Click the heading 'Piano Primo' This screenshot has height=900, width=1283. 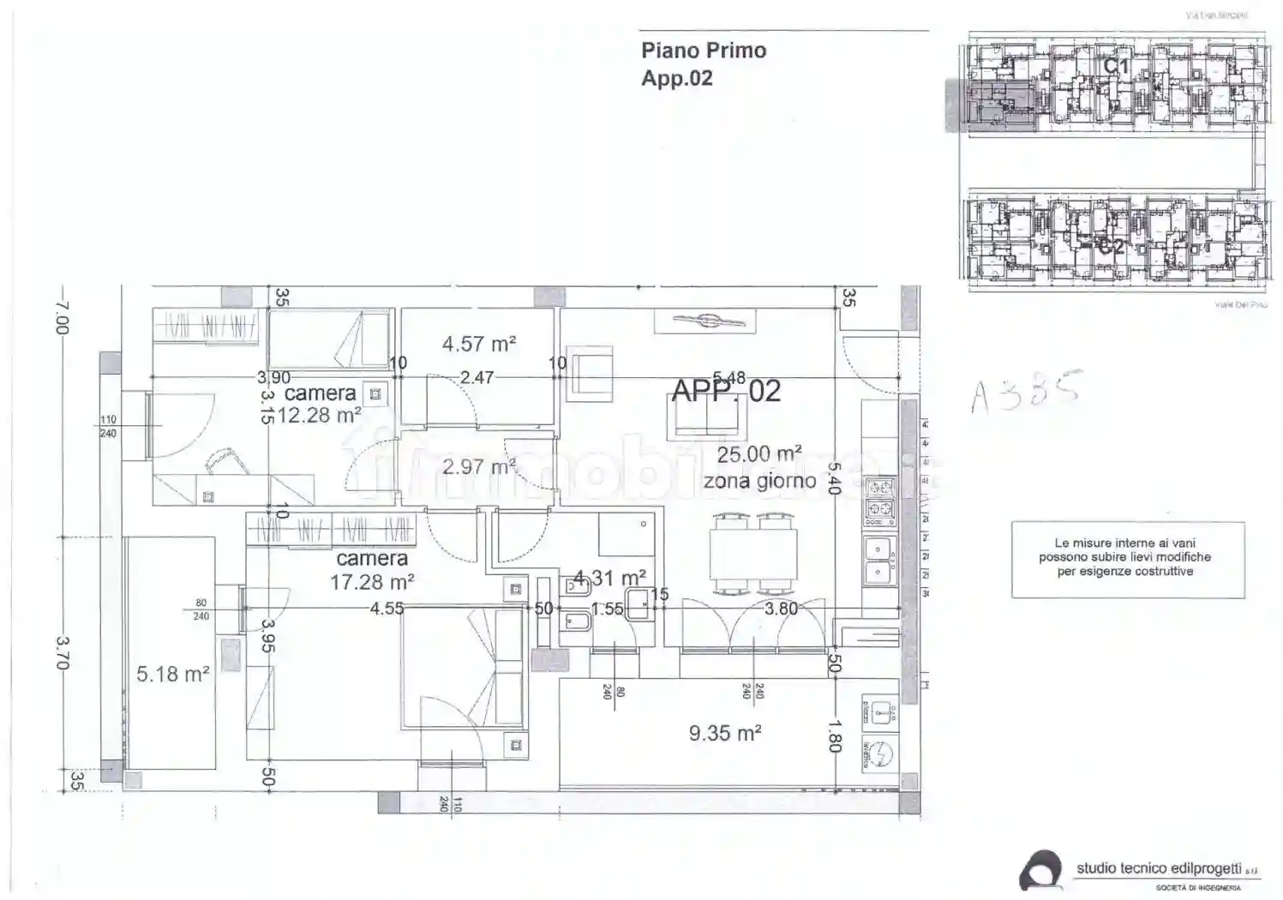click(x=703, y=51)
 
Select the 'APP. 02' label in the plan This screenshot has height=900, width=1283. click(x=726, y=392)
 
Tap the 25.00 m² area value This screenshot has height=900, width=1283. click(x=759, y=454)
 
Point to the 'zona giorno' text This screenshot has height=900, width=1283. click(x=759, y=482)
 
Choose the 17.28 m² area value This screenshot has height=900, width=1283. click(x=372, y=582)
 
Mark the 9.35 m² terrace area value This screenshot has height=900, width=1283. click(x=725, y=734)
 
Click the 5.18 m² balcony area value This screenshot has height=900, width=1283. click(x=173, y=675)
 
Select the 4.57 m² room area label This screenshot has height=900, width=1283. click(x=478, y=345)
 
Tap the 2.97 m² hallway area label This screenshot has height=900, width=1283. click(x=478, y=468)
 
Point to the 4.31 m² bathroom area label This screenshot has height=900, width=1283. click(x=609, y=578)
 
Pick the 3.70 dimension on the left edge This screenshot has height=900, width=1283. click(x=62, y=652)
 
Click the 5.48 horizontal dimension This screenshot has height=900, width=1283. click(x=728, y=378)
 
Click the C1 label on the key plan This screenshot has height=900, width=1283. click(x=1115, y=65)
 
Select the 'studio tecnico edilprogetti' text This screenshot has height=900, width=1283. click(x=1158, y=868)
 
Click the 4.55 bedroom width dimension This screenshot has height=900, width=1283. click(x=387, y=609)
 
